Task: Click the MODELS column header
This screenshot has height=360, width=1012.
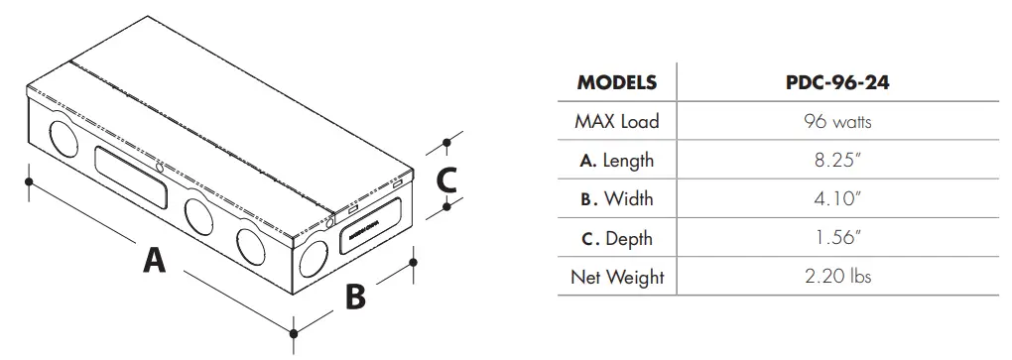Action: [616, 82]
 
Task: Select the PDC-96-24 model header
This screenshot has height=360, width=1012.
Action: [836, 82]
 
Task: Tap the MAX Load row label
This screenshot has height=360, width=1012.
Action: [616, 122]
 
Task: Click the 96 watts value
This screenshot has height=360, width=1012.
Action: [837, 122]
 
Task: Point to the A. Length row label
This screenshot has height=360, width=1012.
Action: [616, 161]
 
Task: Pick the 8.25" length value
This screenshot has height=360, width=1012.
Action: [837, 161]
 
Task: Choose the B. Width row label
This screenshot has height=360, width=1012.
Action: [616, 199]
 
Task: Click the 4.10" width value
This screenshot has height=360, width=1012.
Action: [837, 199]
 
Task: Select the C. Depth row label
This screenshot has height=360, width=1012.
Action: [616, 238]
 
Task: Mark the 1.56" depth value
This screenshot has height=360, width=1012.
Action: [837, 238]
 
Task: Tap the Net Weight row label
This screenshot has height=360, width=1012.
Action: [616, 277]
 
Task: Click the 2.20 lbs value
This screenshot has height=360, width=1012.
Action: [837, 277]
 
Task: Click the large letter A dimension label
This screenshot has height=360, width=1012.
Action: [154, 260]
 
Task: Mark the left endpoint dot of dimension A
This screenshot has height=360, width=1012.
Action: [30, 181]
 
